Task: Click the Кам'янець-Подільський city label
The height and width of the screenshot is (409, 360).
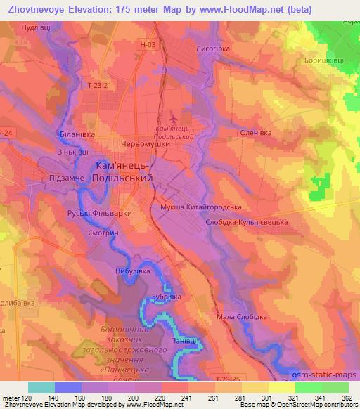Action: coord(123,172)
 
